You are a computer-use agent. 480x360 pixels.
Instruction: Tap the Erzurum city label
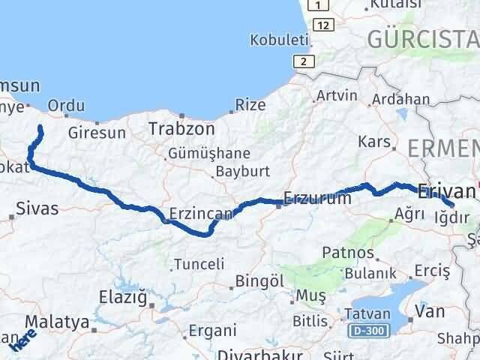(317, 199)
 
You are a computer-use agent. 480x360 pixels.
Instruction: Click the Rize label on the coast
(250, 106)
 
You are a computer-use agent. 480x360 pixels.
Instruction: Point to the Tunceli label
(199, 264)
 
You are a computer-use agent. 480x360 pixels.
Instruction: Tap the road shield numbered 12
(323, 25)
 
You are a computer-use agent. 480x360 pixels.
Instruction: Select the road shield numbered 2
(302, 61)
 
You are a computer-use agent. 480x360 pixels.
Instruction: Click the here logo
(23, 341)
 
